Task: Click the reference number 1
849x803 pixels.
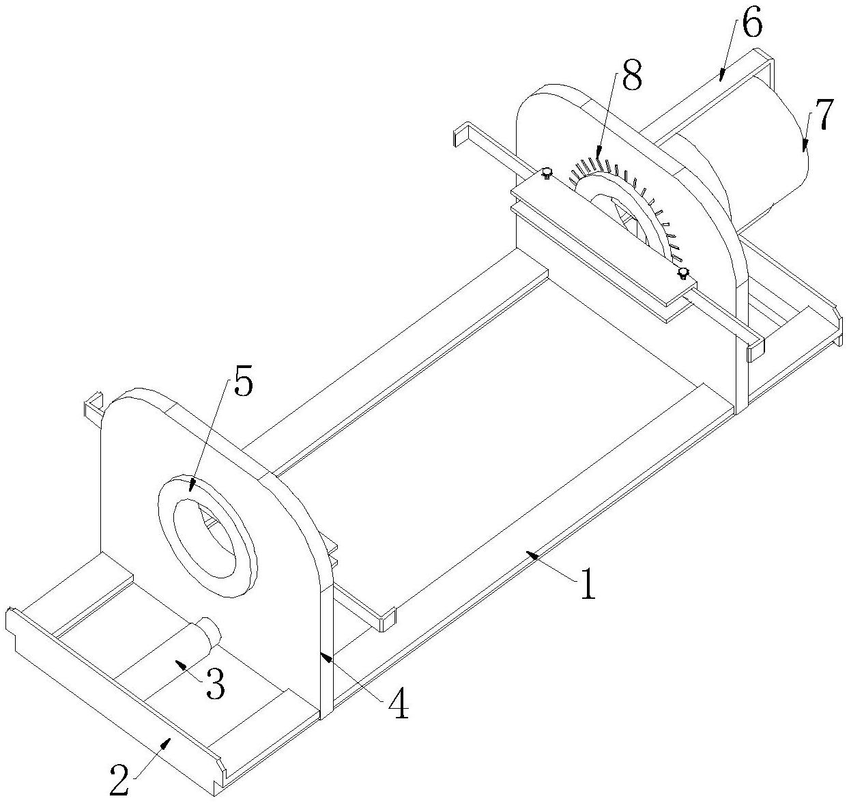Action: tap(588, 585)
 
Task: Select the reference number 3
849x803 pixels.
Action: tap(215, 685)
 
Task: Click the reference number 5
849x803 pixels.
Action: tap(243, 384)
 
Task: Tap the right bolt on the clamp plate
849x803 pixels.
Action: tap(682, 273)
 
